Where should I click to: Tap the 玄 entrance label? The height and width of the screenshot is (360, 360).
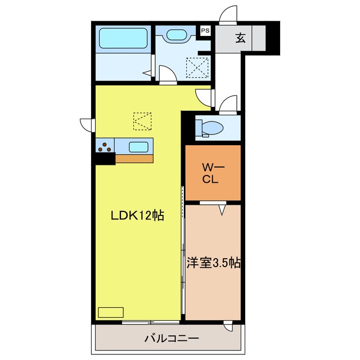click(240, 38)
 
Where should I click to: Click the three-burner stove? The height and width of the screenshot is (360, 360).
click(105, 147)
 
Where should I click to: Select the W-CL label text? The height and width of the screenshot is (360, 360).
click(212, 173)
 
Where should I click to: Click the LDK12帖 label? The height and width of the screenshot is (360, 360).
click(137, 215)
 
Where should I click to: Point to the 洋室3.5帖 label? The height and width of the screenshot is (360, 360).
click(214, 263)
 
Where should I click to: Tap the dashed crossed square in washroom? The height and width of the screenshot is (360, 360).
click(199, 69)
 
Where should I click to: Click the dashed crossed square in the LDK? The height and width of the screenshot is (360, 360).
click(142, 120)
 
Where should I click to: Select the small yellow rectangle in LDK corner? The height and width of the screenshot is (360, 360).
click(110, 312)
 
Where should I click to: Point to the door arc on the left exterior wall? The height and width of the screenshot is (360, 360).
click(87, 124)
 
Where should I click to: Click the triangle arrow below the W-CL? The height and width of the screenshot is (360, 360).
click(222, 209)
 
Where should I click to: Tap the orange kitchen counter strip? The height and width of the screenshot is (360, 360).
click(134, 158)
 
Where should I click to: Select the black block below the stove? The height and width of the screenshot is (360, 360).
click(104, 159)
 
